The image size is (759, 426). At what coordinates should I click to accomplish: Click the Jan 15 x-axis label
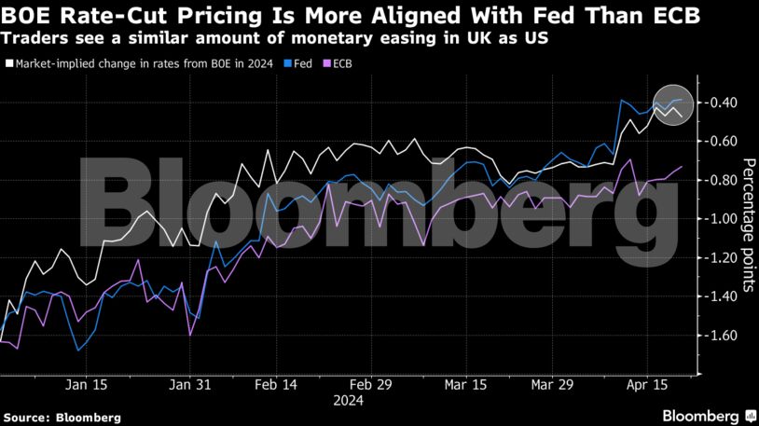[85, 384]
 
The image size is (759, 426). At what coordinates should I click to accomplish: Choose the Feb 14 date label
[275, 384]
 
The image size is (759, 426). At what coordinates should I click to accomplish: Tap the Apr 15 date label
[646, 384]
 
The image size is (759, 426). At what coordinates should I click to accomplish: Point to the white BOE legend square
[8, 64]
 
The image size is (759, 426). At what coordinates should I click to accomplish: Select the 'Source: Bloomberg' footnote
[61, 418]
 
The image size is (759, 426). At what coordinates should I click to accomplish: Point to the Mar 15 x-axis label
[465, 384]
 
